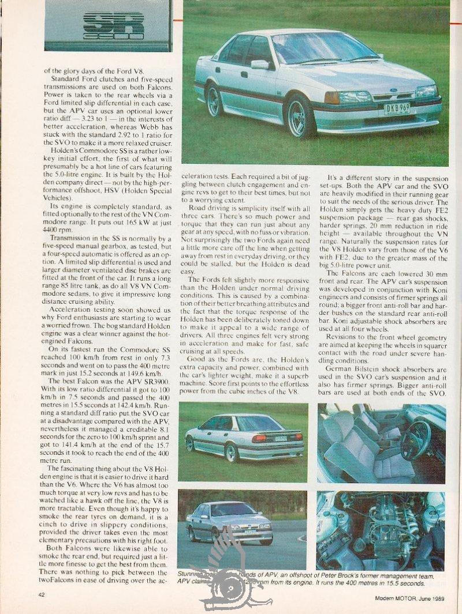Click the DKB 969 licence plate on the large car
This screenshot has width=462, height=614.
(x=397, y=108)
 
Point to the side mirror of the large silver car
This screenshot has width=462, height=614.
(x=259, y=65)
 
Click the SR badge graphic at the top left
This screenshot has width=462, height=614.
(x=113, y=26)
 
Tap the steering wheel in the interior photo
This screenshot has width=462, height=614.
(x=416, y=440)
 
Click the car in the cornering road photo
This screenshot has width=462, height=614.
(x=231, y=522)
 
